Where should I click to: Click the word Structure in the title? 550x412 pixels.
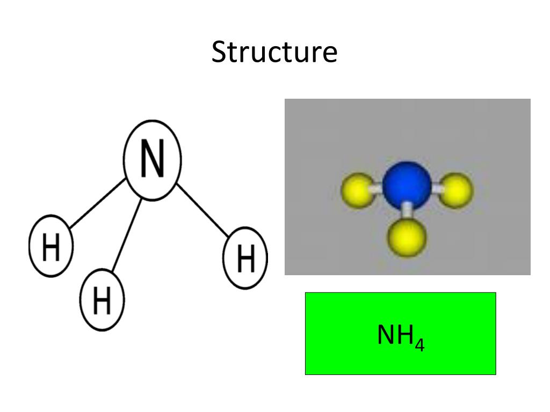(274, 53)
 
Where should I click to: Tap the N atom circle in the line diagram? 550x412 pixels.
(153, 160)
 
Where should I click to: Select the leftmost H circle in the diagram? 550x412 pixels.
(50, 246)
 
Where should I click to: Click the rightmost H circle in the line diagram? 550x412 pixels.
(245, 257)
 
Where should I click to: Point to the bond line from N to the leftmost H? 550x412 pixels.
(98, 203)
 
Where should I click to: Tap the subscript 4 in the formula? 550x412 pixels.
(419, 344)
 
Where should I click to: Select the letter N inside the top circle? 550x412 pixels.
(153, 160)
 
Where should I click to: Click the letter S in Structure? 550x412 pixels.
(219, 53)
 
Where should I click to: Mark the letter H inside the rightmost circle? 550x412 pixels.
(245, 259)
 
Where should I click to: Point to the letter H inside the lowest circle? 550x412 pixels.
(102, 300)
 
